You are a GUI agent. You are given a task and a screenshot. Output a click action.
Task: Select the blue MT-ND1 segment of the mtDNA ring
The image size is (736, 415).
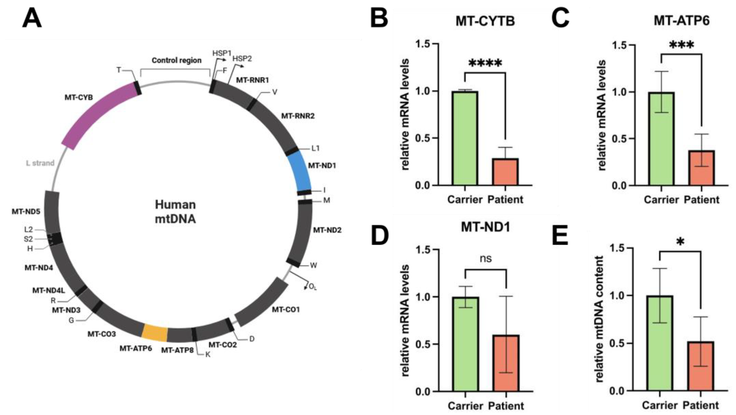pyautogui.click(x=300, y=172)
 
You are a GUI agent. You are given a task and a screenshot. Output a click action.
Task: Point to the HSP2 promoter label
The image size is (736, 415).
pyautogui.click(x=242, y=59)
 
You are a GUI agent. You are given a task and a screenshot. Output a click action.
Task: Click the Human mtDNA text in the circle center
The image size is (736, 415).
pyautogui.click(x=175, y=212)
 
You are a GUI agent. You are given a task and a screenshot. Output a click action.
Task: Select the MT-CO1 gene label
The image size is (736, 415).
pyautogui.click(x=285, y=310)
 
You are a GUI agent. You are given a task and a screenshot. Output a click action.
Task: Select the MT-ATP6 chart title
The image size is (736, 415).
pyautogui.click(x=681, y=20)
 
